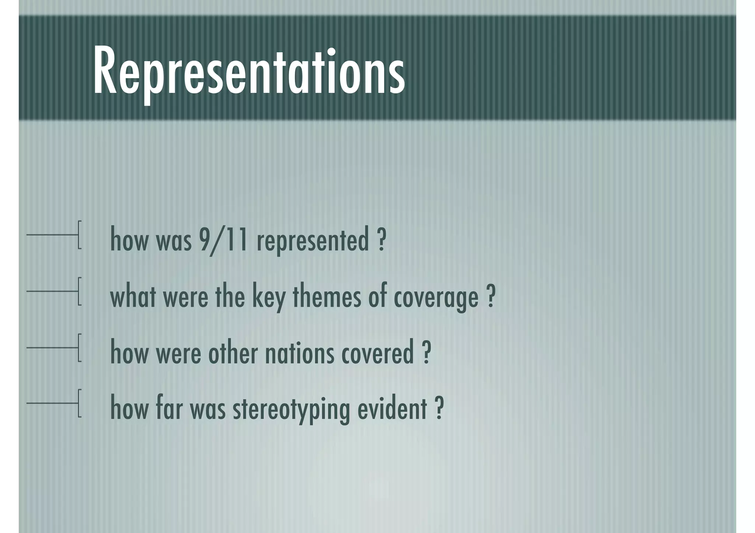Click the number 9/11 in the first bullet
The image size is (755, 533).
coord(223,239)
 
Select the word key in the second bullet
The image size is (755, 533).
coord(268,297)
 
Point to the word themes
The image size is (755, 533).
coord(327,296)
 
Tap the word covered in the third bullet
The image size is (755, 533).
coord(377,353)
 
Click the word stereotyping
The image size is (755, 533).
coord(291,410)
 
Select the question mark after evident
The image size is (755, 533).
coord(439,409)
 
